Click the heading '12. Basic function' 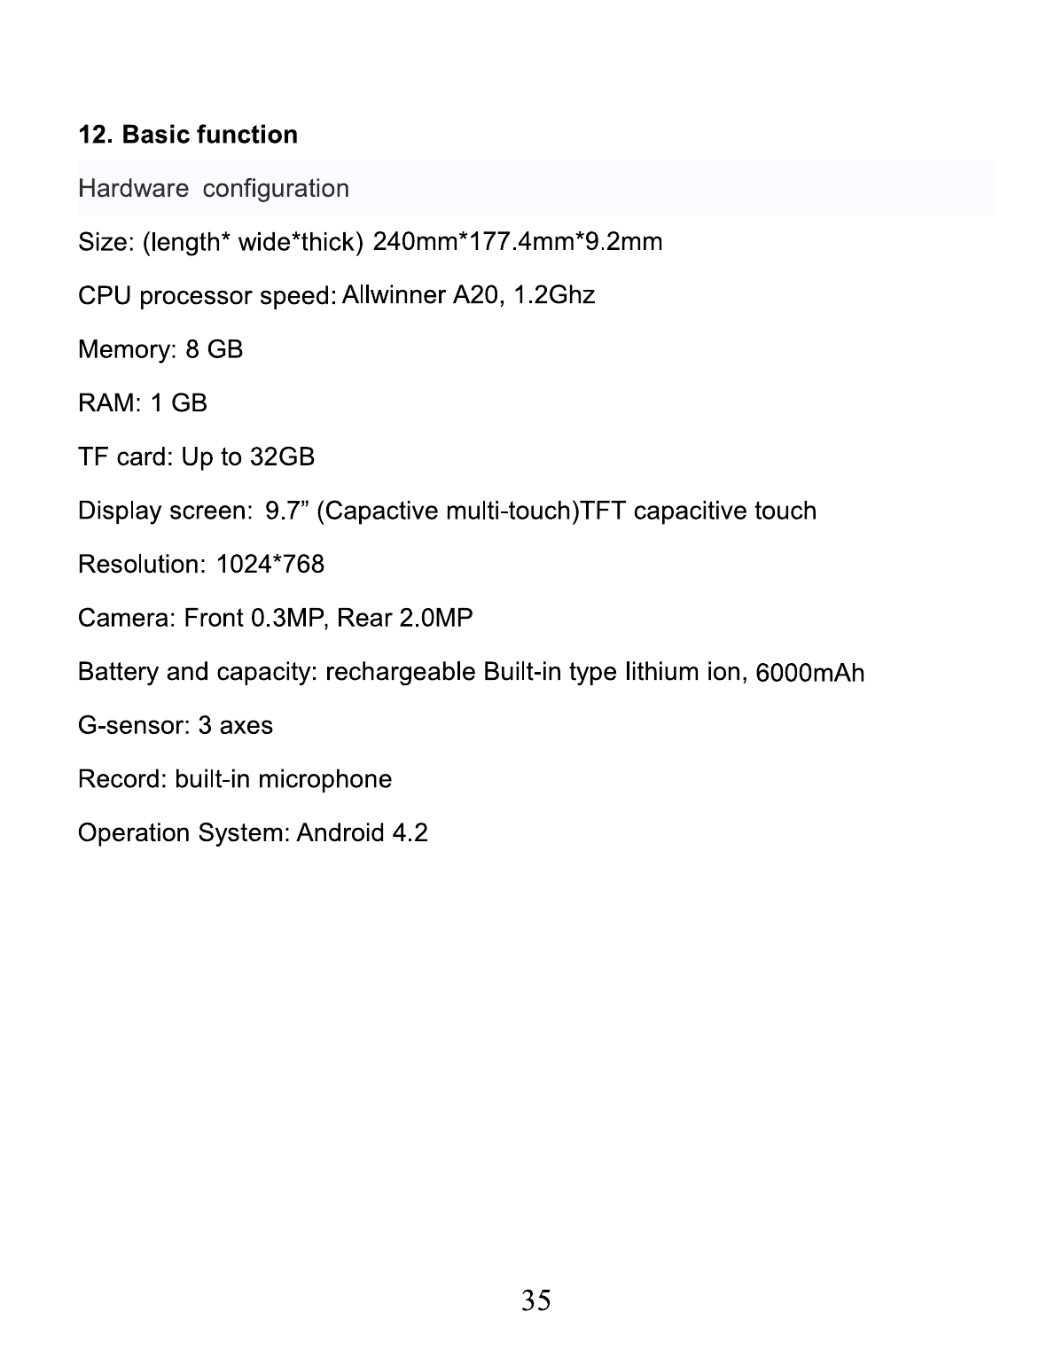[188, 135]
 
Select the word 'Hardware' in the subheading [133, 189]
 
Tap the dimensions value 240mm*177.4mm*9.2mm [518, 241]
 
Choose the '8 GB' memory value [214, 349]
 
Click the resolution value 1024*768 [270, 565]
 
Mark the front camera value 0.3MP [289, 618]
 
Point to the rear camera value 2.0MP [435, 618]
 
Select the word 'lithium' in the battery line [661, 672]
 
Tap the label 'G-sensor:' [134, 726]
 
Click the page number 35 [535, 1300]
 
